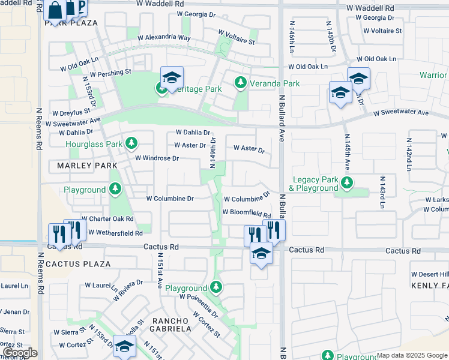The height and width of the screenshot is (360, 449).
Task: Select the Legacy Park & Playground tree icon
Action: point(346,182)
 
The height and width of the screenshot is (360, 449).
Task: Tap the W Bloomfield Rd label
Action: point(246,212)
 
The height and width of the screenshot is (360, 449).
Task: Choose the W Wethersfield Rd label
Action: point(115,232)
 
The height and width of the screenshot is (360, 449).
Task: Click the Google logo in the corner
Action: point(19,352)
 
